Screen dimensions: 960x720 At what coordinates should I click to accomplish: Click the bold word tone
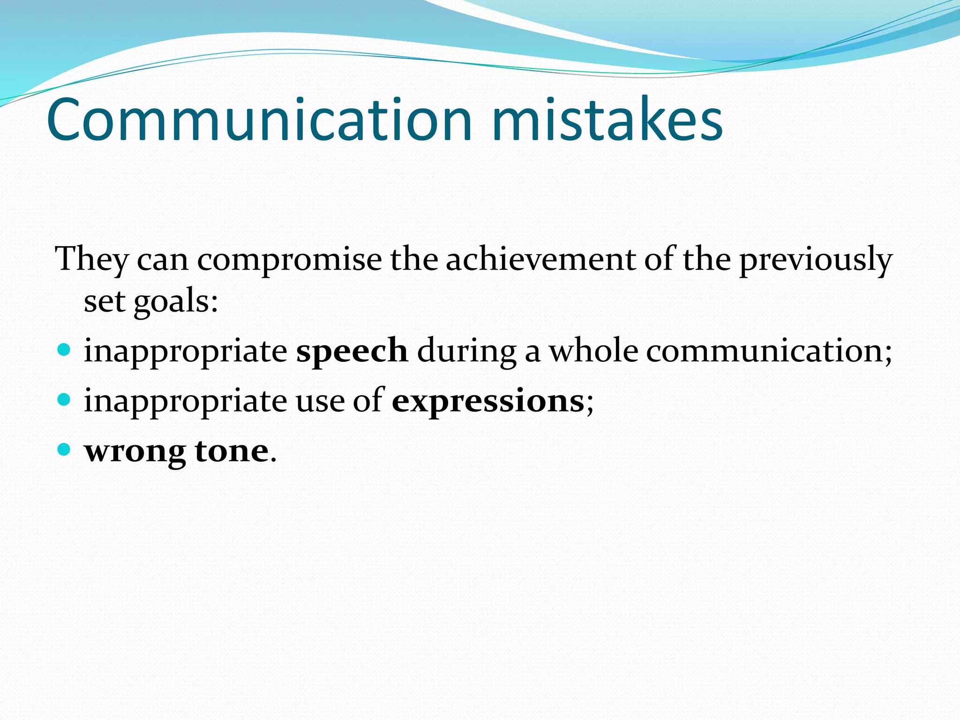[232, 451]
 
